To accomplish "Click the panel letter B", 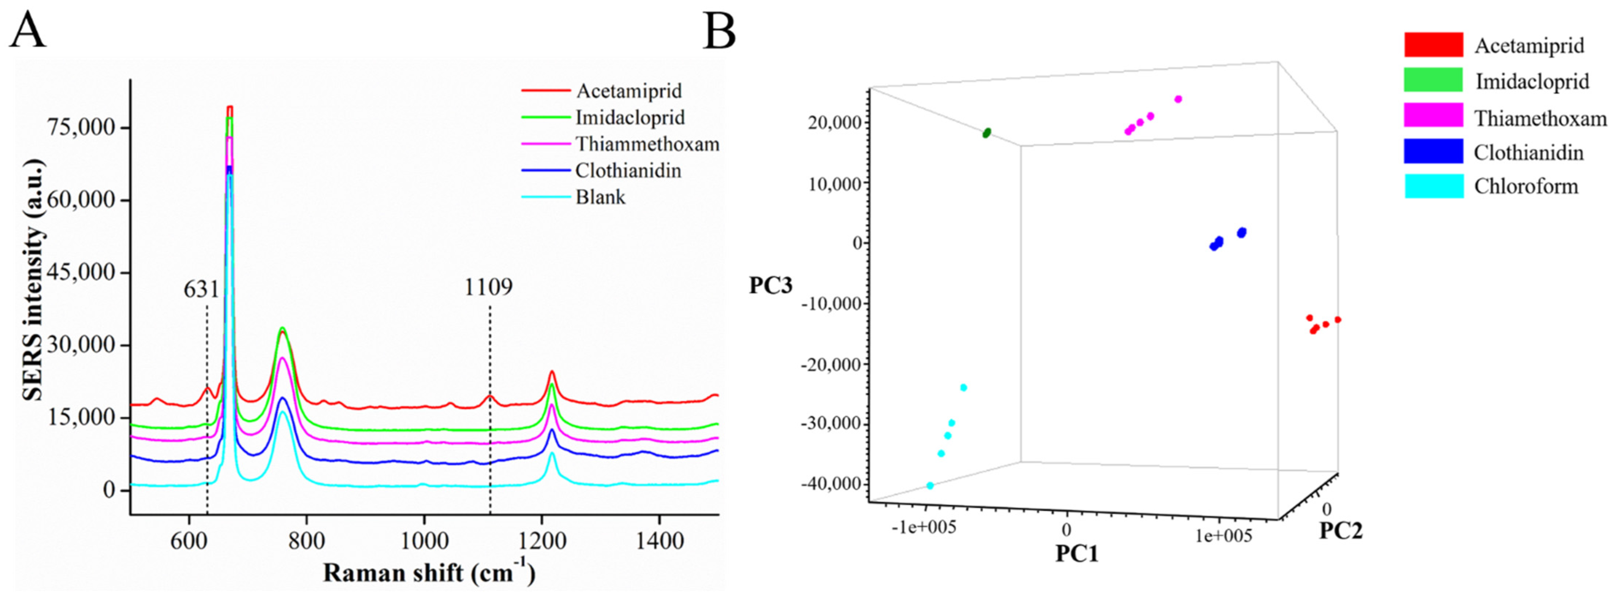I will (x=719, y=31).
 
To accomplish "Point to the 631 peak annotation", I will (x=201, y=289).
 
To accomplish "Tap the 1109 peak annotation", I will (x=488, y=287).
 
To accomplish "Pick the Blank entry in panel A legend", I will (x=600, y=197).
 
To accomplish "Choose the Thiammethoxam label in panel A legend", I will (x=647, y=144).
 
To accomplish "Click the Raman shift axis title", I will (x=429, y=573).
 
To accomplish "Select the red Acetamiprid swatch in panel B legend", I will (x=1433, y=45).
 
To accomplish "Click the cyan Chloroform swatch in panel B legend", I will (x=1433, y=186).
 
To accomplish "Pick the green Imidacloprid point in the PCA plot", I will (x=987, y=133).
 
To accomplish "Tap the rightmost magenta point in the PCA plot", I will (x=1178, y=99).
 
